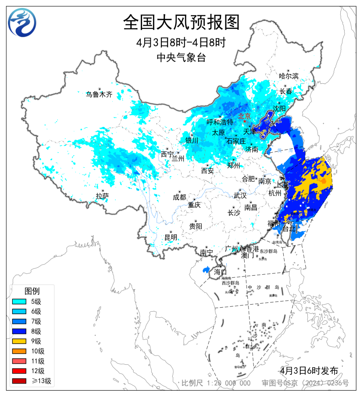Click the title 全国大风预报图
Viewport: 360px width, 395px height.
coord(181,22)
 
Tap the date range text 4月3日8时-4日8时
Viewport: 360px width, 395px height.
coord(181,43)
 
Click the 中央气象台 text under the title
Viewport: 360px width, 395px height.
coord(181,57)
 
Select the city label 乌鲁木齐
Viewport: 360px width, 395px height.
coord(99,94)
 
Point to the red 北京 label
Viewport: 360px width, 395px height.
coord(244,116)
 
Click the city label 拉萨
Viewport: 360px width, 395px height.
coord(102,196)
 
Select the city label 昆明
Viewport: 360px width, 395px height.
coord(171,237)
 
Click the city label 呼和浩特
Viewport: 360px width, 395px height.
coord(220,122)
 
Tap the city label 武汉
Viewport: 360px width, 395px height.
coord(240,195)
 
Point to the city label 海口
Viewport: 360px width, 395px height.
coord(220,272)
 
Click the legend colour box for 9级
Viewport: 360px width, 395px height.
coord(19,341)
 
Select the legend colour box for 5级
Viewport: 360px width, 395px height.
coord(19,301)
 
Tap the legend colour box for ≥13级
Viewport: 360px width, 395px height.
coord(19,381)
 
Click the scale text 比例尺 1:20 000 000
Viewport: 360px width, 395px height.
coord(216,383)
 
